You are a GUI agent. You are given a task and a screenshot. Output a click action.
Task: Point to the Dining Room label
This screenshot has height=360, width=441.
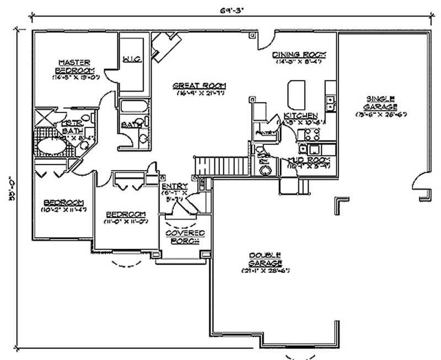pyautogui.click(x=300, y=55)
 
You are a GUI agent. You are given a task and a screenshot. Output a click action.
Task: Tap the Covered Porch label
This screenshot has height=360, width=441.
pyautogui.click(x=185, y=237)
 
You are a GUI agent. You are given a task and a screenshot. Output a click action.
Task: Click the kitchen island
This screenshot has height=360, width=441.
pyautogui.click(x=297, y=93)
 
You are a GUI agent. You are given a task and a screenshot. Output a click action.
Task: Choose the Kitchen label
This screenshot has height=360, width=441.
pyautogui.click(x=300, y=115)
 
